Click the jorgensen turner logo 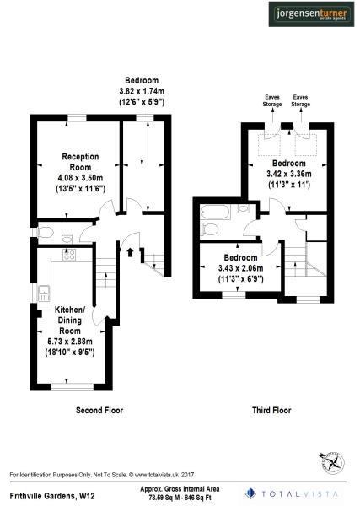coord(312,14)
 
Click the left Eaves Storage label coord(271,101)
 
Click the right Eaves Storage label coord(301,101)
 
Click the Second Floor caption coord(99,411)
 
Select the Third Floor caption coord(271,411)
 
